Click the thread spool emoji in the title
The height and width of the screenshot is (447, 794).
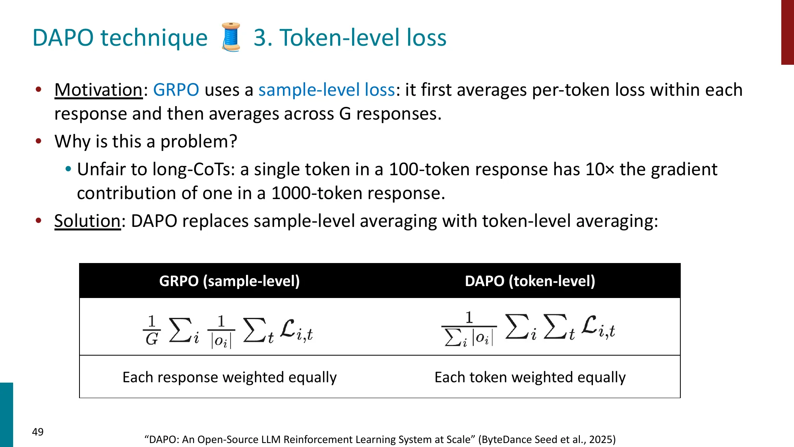tap(231, 37)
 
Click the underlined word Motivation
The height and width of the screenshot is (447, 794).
tap(98, 90)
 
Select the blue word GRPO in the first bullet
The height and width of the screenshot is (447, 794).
tap(176, 90)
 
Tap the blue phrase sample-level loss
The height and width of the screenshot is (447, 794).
tap(327, 90)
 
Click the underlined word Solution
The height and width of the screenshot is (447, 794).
tap(87, 221)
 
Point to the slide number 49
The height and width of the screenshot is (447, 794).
tap(38, 432)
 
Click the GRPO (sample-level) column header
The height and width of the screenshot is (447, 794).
tap(229, 281)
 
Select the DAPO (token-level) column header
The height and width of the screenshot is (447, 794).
tap(530, 281)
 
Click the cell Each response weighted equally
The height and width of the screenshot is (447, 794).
tap(229, 377)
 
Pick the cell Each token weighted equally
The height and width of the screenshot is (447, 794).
tap(530, 377)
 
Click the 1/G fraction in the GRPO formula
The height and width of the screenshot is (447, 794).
tap(152, 330)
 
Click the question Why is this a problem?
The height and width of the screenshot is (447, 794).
tap(146, 141)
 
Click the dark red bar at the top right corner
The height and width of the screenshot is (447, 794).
tap(787, 32)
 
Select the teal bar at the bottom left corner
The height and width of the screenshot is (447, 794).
tap(6, 415)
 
